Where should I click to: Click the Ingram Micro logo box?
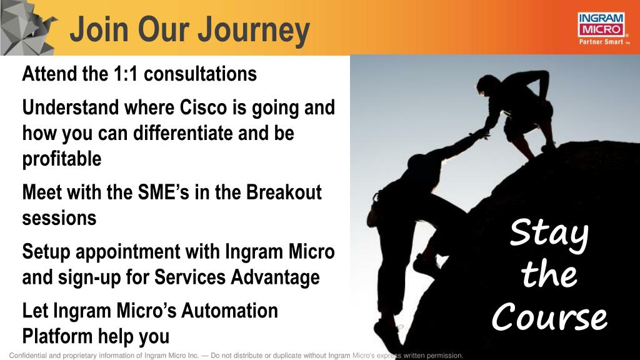coord(601,25)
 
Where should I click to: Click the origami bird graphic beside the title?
coord(26,27)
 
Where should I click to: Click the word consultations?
coord(201,74)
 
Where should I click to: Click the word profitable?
coord(62,159)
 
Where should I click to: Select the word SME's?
coord(164,192)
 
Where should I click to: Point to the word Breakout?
coord(284,192)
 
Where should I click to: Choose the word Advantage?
coord(275,277)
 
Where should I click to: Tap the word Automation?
coord(229,311)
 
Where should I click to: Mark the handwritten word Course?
coord(549,317)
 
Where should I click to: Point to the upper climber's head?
coord(487,85)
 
